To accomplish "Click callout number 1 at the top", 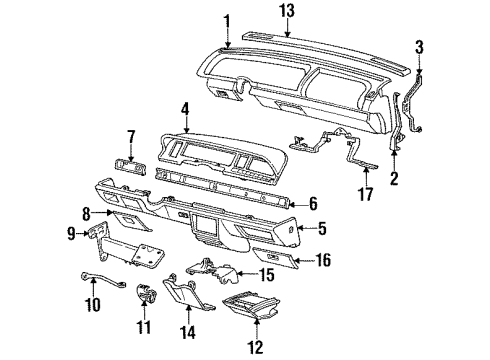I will [x=227, y=19].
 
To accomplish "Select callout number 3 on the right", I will [x=420, y=47].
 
